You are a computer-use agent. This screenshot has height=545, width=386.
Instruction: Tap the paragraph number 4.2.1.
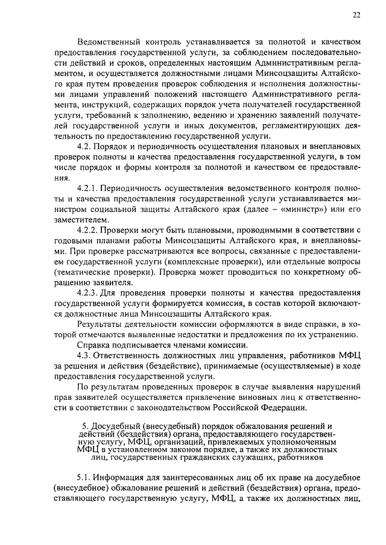[x=90, y=188]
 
